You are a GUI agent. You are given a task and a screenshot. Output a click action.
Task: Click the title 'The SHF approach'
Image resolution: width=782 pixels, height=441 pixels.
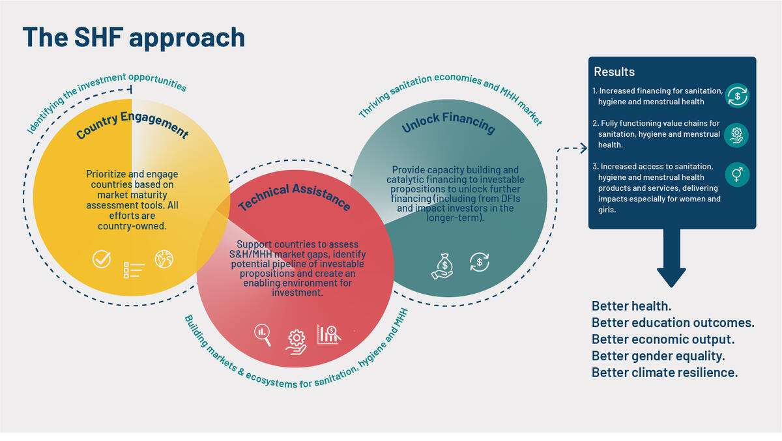(134, 37)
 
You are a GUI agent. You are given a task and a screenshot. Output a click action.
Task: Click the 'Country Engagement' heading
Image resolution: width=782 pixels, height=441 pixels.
(132, 122)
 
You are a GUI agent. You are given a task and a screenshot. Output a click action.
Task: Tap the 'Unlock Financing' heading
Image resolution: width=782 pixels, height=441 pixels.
(448, 122)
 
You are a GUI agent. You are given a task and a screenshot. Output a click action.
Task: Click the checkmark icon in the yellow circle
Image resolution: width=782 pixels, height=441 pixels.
(101, 259)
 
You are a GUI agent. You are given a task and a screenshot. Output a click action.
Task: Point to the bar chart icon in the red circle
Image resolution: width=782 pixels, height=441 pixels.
(329, 334)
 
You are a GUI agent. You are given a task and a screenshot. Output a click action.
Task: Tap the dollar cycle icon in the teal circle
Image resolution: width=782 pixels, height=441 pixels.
(479, 263)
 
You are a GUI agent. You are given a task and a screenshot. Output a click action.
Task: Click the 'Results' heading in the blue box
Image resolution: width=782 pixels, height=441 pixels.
(614, 72)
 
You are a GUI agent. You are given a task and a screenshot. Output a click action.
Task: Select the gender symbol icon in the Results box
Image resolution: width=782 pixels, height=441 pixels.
(738, 175)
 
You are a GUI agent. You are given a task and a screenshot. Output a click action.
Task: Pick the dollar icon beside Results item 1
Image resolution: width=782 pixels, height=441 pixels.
(738, 96)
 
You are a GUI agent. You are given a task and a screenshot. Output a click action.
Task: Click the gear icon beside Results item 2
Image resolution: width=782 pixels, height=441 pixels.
(738, 135)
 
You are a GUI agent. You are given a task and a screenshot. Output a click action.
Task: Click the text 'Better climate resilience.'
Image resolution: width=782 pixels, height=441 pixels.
(665, 373)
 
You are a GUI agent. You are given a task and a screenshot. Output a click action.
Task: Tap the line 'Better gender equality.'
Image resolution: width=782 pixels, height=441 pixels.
(658, 356)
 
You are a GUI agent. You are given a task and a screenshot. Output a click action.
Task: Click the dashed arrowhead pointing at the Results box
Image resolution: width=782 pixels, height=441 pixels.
(583, 149)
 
